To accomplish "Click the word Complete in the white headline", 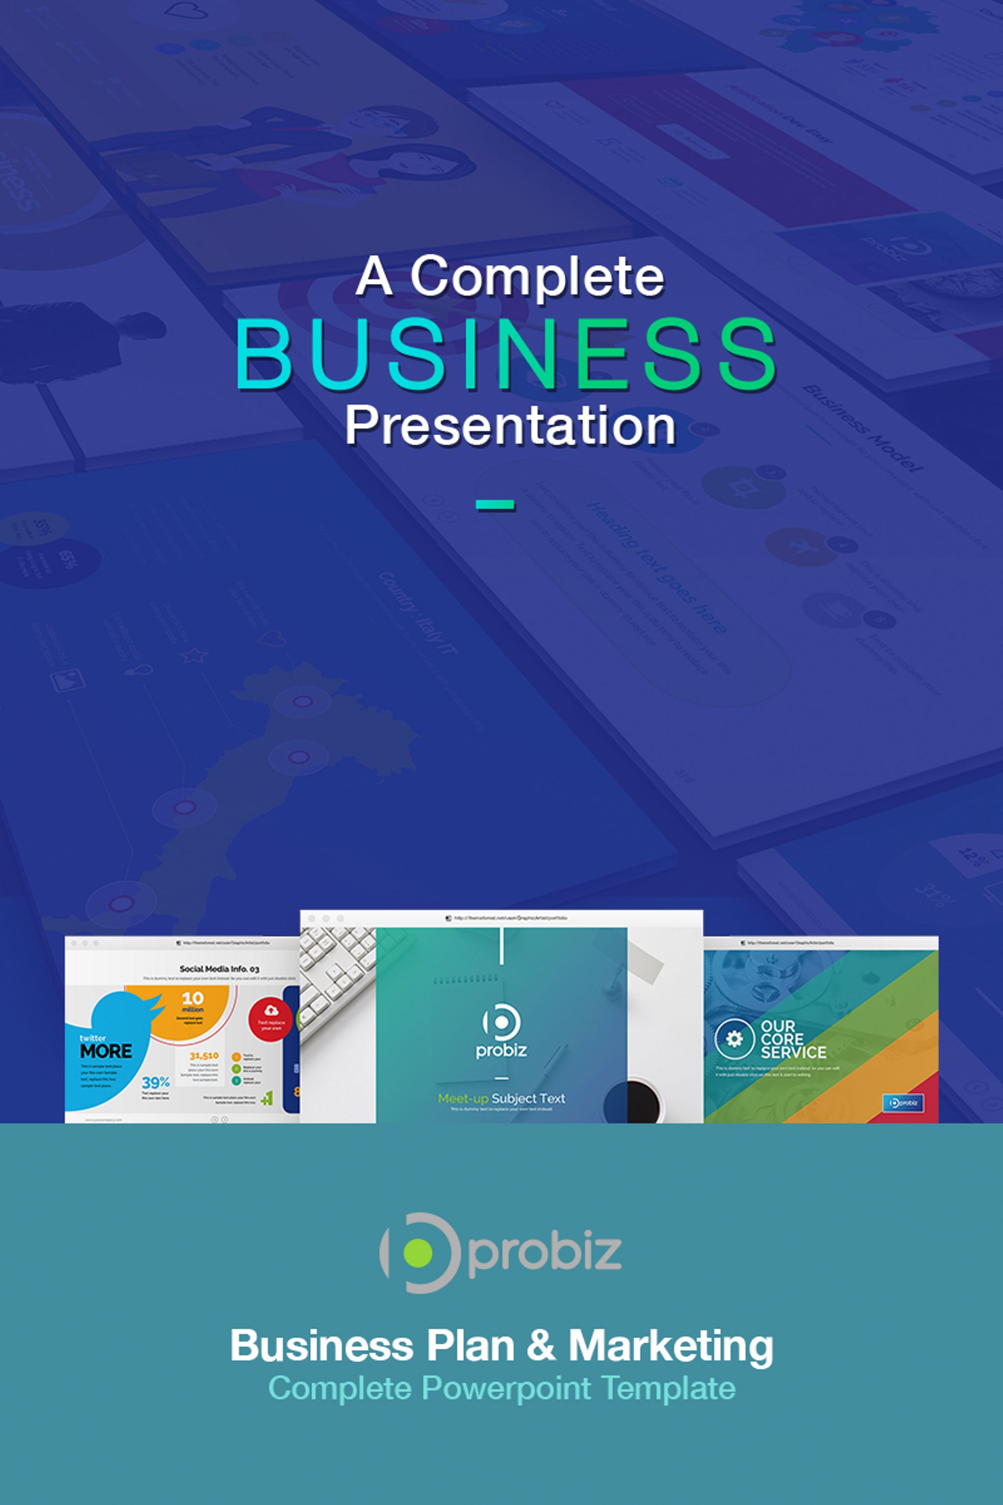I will click(x=537, y=276).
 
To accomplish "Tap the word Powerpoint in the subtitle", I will click(x=506, y=1388).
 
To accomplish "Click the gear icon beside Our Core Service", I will click(x=734, y=1038).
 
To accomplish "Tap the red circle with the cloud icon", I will click(x=270, y=1019).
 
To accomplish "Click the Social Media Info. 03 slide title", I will click(x=219, y=969).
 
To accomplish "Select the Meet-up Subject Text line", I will click(x=501, y=1098).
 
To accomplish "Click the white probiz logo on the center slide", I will click(x=501, y=1031).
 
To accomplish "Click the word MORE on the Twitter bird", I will click(x=106, y=1051).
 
